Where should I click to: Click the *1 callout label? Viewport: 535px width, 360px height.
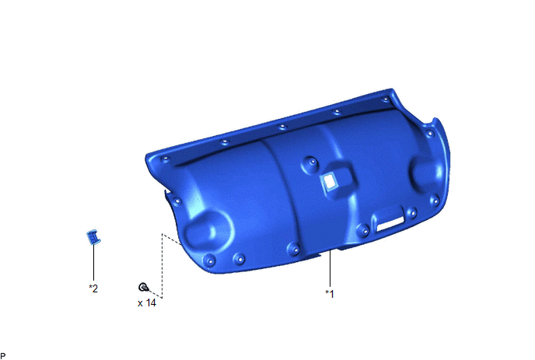[x=330, y=293]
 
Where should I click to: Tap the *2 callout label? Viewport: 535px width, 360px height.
[x=93, y=288]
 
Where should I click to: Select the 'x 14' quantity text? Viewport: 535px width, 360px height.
[x=147, y=303]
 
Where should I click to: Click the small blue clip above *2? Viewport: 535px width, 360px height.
[x=93, y=237]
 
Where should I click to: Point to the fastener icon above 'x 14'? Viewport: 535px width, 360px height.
[x=144, y=288]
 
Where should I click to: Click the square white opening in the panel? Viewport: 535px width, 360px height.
[x=330, y=181]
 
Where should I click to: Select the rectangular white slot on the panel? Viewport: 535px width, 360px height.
[x=389, y=225]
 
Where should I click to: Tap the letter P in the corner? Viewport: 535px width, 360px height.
[x=3, y=356]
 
